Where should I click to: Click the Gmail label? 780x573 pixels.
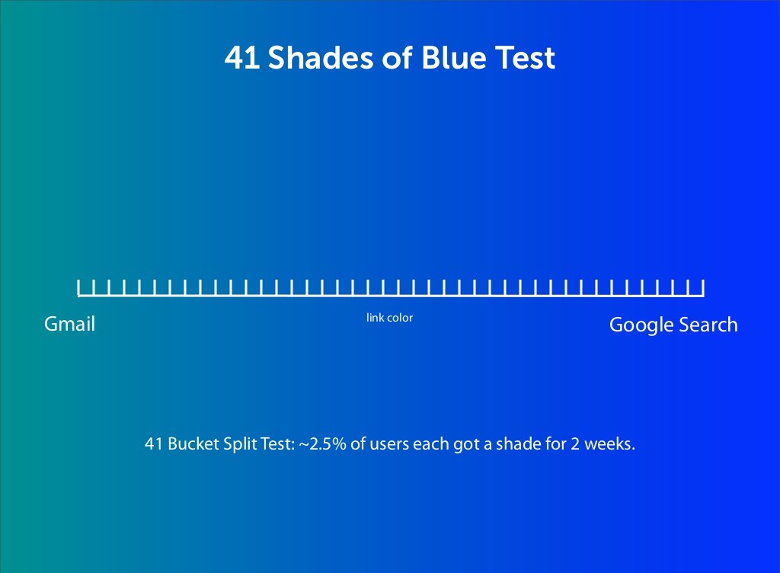pyautogui.click(x=69, y=324)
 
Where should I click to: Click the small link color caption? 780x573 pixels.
pyautogui.click(x=389, y=318)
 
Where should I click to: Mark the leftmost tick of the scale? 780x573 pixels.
pyautogui.click(x=78, y=287)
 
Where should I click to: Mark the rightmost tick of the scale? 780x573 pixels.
pyautogui.click(x=703, y=287)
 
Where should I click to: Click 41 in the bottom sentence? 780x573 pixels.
pyautogui.click(x=153, y=444)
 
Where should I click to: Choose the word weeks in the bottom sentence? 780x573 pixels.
pyautogui.click(x=610, y=444)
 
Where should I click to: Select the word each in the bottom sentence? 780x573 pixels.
pyautogui.click(x=429, y=444)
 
